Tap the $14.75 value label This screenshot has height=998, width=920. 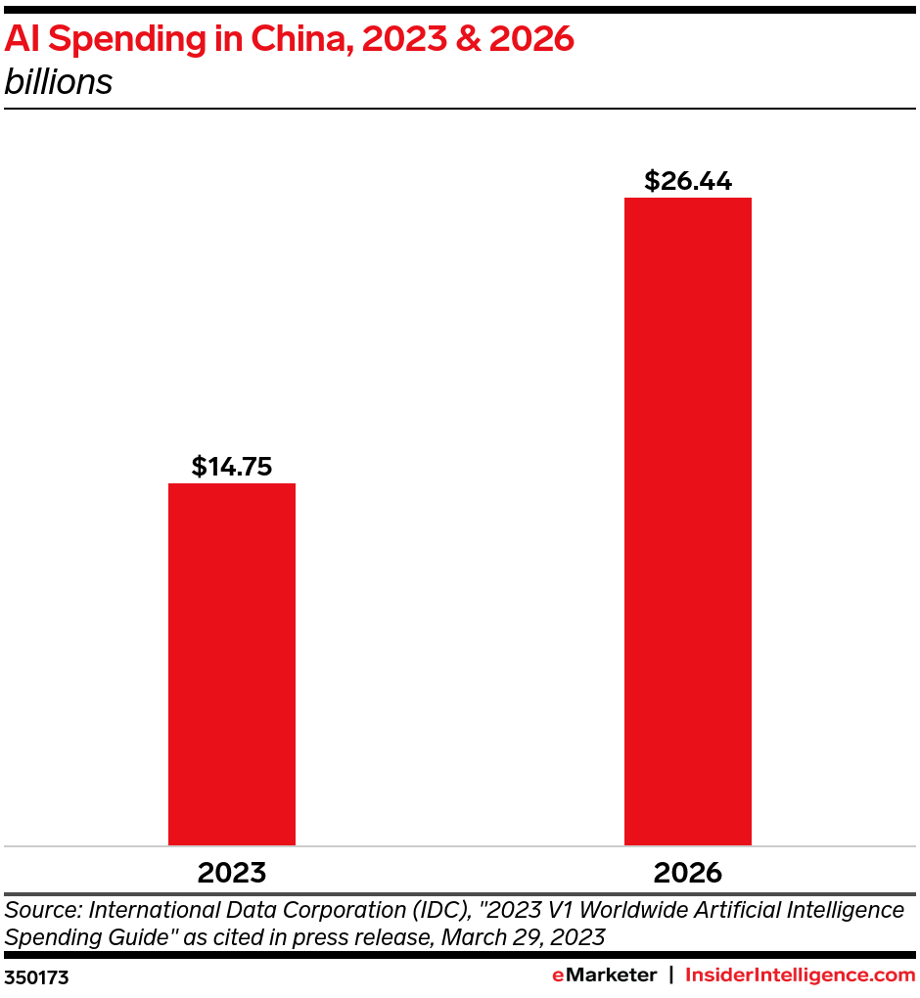pos(231,467)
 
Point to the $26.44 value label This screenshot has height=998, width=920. pos(687,181)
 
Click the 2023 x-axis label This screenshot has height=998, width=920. pos(231,872)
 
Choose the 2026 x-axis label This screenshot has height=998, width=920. pos(687,872)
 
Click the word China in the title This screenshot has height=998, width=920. pos(302,39)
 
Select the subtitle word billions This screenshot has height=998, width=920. pos(59,82)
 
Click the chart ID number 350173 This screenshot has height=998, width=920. pos(37,976)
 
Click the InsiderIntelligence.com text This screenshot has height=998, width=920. pos(800,975)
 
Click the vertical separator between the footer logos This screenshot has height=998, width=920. pos(670,975)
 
